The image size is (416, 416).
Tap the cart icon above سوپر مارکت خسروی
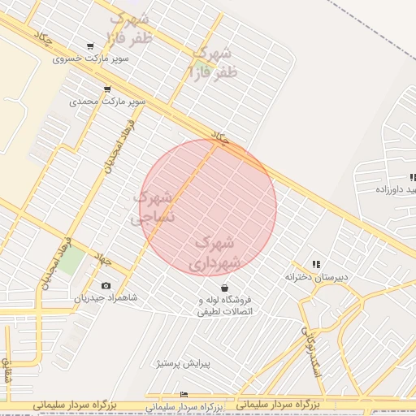(x=89, y=46)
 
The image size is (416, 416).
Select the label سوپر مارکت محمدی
(x=107, y=102)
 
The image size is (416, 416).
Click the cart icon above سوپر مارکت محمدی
(x=106, y=89)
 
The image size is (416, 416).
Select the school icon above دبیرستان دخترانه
(x=316, y=264)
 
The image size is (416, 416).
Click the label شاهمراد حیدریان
(x=106, y=298)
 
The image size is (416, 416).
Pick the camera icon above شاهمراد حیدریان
(x=106, y=286)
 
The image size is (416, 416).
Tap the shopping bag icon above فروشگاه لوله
(x=224, y=288)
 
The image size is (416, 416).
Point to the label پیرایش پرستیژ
(x=183, y=363)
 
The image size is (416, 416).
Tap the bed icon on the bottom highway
(x=184, y=395)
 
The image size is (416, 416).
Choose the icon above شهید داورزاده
(x=412, y=176)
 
